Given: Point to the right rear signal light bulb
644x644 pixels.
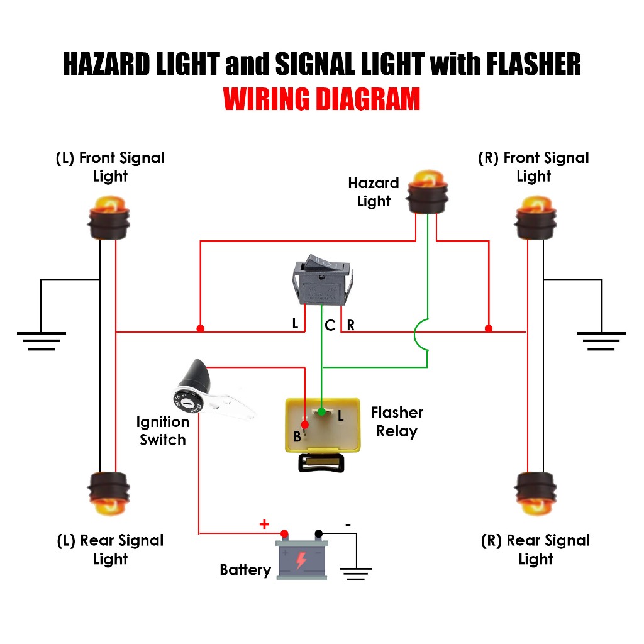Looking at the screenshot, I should coord(536,491).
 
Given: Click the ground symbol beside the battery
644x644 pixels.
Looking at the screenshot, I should coord(355,572).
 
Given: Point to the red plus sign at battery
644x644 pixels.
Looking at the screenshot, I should coord(264,524).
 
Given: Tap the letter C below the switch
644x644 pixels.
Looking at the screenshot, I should coord(330,326).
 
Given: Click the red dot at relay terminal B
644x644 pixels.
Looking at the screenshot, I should coord(305,425).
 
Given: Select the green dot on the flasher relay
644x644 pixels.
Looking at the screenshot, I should coord(322,412).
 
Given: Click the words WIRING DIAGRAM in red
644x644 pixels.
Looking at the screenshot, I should coord(322,99).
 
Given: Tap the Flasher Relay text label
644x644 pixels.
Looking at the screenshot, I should coord(397,422).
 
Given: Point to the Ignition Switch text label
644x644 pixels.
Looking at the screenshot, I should coord(162,431).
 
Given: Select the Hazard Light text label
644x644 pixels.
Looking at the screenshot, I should coord(374,192).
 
